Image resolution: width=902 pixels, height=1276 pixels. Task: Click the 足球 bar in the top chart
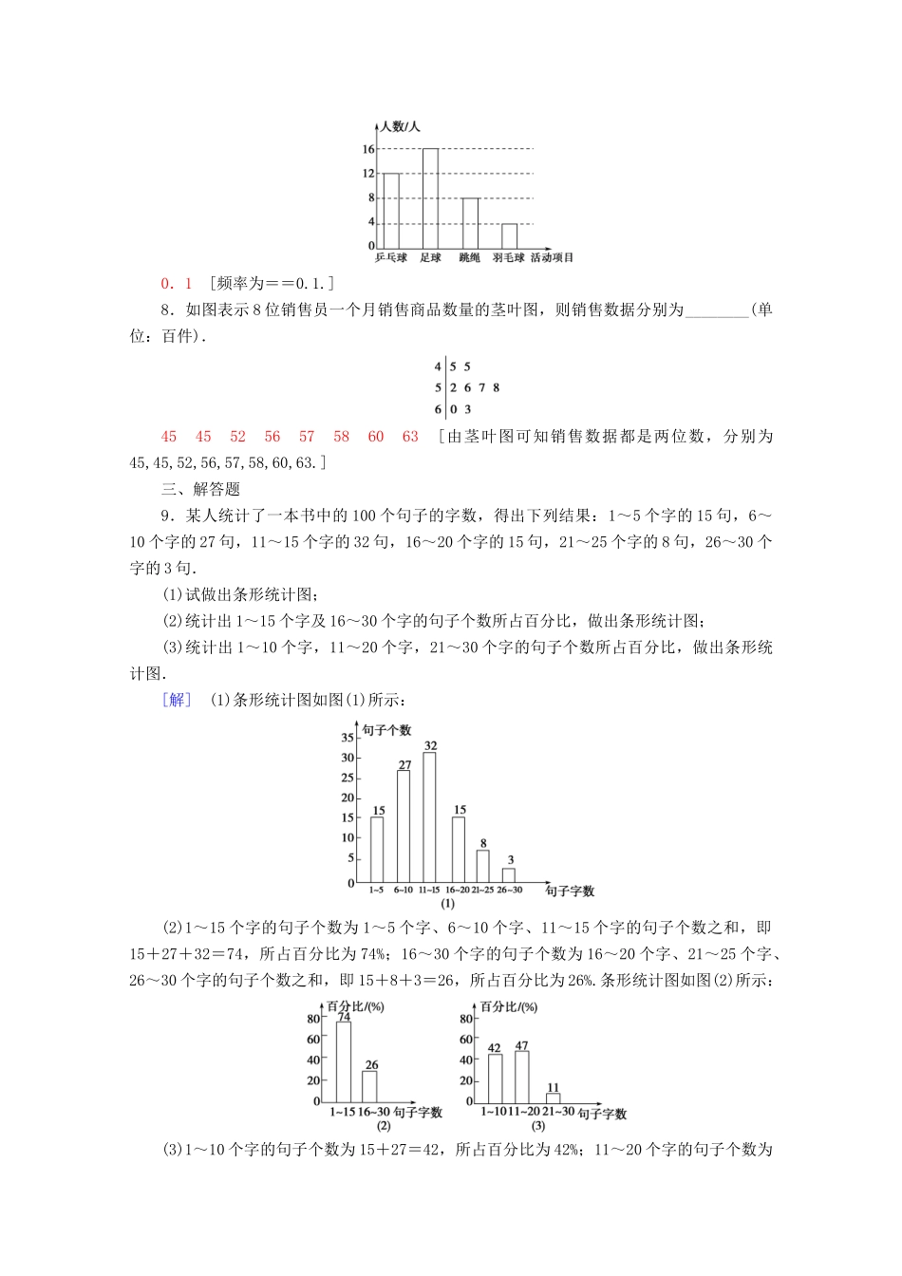(x=430, y=198)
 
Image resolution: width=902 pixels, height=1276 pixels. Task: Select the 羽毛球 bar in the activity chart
(x=509, y=236)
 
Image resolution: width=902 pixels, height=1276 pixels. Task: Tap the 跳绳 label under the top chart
(x=469, y=257)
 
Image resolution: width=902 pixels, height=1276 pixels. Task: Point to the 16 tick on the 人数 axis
(x=367, y=149)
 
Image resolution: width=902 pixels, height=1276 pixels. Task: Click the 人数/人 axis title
(x=399, y=126)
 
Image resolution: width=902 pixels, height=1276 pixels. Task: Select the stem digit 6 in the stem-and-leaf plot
(x=438, y=409)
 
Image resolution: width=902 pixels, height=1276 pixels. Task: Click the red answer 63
(x=410, y=437)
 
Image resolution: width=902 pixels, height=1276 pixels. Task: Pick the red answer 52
(x=237, y=437)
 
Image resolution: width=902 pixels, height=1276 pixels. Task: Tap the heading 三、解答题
(x=201, y=489)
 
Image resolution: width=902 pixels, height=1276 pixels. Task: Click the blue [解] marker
(x=178, y=700)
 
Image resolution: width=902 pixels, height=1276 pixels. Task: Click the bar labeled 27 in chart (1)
(x=404, y=826)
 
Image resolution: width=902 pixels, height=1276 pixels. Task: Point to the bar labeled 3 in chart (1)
(x=509, y=874)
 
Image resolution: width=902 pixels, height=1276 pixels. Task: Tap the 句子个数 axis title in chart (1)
(x=386, y=730)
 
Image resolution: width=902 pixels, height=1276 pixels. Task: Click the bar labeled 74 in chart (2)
(x=343, y=1061)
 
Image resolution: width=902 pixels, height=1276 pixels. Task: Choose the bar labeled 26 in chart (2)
(x=370, y=1085)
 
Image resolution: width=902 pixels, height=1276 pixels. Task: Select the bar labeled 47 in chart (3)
(x=521, y=1076)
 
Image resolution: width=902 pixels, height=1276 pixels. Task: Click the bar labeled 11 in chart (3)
(x=553, y=1097)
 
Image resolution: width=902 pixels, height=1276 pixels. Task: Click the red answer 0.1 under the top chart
(x=177, y=283)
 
